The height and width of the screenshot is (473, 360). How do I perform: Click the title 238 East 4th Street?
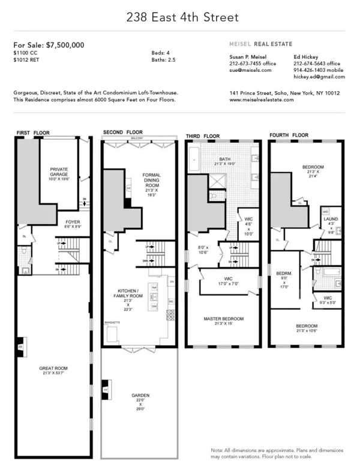click(x=179, y=18)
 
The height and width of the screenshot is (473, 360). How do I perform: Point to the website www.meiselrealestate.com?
click(x=262, y=100)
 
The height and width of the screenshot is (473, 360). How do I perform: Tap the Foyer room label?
click(x=64, y=225)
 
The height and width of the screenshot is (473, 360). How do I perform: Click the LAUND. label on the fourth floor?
click(x=331, y=220)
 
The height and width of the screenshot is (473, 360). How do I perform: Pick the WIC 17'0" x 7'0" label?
click(x=223, y=281)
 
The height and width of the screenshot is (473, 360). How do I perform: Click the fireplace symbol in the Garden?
click(x=106, y=388)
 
